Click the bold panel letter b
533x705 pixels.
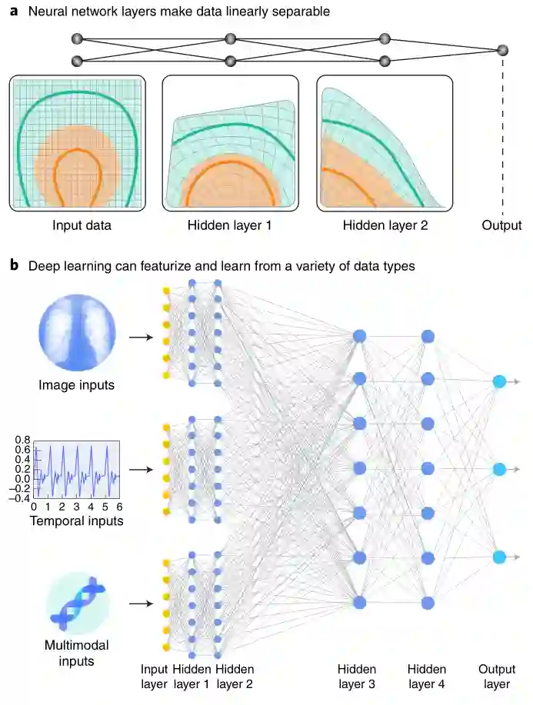[x=14, y=266]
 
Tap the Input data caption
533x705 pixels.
[x=82, y=226]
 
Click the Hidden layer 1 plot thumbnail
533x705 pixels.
[x=230, y=143]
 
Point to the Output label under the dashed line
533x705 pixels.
[x=501, y=226]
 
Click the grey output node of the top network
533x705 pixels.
[x=503, y=50]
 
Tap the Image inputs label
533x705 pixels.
[x=76, y=384]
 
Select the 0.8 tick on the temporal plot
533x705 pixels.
[x=22, y=439]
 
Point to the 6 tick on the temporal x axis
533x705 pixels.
[x=118, y=508]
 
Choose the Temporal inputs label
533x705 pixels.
[x=75, y=521]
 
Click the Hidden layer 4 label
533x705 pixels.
[x=428, y=677]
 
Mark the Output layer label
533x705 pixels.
[x=497, y=677]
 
